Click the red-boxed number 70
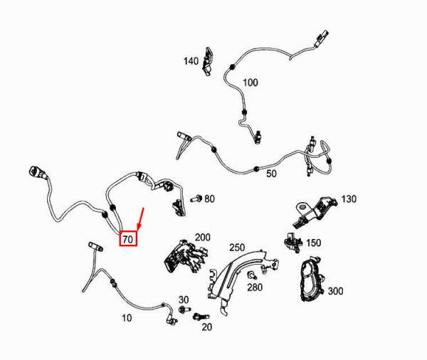(x=127, y=239)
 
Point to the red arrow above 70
(x=141, y=219)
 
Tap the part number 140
(x=191, y=61)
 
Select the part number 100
(x=251, y=83)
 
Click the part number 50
(x=271, y=174)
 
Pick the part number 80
(x=209, y=198)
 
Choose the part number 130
(x=349, y=199)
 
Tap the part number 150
(x=314, y=243)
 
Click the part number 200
(x=203, y=237)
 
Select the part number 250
(x=237, y=248)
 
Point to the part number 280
(x=255, y=287)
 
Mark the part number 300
(x=335, y=291)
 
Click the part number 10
(x=127, y=318)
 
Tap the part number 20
(x=207, y=327)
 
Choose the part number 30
(x=184, y=300)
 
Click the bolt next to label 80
(x=196, y=198)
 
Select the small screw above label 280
(x=252, y=275)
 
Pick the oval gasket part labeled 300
(x=312, y=279)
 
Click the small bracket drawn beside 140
(x=208, y=62)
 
